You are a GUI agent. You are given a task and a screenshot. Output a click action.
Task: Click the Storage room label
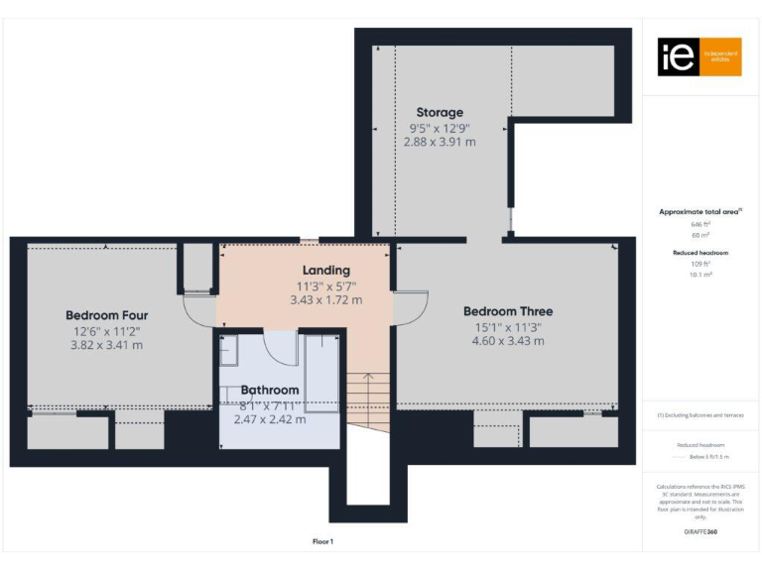[x=440, y=112]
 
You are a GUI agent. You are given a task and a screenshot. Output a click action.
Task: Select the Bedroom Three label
[x=508, y=311]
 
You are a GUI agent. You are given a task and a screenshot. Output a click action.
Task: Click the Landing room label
[x=325, y=270]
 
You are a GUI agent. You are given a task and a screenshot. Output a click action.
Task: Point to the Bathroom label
[x=269, y=391]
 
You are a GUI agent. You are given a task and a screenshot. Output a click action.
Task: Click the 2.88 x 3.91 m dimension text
[x=440, y=142]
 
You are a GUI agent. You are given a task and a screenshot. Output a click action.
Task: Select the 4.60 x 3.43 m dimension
[x=508, y=341]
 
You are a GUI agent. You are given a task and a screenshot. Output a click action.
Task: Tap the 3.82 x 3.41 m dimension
[x=106, y=345]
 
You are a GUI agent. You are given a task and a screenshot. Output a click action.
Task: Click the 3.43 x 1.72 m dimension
[x=325, y=299]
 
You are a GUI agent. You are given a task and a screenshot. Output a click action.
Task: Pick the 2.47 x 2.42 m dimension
[x=269, y=419]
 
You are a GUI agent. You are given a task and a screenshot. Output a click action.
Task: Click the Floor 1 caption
[x=322, y=541]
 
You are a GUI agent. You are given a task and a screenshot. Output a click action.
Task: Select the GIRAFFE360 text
[x=699, y=532]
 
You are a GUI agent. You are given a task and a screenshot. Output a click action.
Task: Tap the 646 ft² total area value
[x=700, y=224]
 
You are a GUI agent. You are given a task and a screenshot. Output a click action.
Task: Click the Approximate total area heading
[x=700, y=211]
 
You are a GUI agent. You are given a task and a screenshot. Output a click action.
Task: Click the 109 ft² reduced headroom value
[x=700, y=264]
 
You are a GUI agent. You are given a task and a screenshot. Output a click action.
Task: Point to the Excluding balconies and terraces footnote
[x=700, y=415]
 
